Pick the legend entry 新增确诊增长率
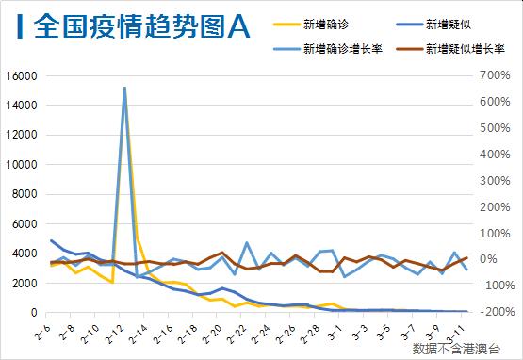coord(337,46)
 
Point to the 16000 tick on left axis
coord(20,75)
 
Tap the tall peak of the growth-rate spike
coord(124,88)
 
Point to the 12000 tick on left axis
coord(20,135)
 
